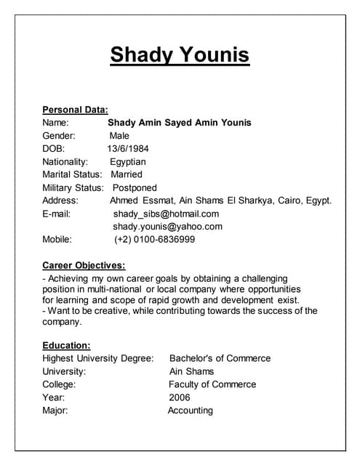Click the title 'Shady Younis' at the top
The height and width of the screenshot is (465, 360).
[x=180, y=54]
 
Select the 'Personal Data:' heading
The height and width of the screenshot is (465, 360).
[x=75, y=110]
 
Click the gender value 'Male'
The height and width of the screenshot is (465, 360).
[x=119, y=136]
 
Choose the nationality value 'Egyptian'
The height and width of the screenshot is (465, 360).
[x=128, y=162]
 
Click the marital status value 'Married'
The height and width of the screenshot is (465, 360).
[x=127, y=174]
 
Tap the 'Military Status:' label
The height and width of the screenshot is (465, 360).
[x=73, y=187]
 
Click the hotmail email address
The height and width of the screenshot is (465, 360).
[x=166, y=214]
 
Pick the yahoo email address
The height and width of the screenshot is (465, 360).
[x=167, y=226]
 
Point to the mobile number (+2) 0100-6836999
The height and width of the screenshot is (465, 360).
[x=154, y=239]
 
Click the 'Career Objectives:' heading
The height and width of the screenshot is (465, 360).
[x=84, y=265]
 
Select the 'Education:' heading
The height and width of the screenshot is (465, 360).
[x=66, y=345]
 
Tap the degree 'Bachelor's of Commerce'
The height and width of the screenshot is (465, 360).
[x=220, y=358]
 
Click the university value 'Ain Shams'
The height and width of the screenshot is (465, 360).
[x=192, y=371]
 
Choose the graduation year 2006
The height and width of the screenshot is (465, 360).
[x=179, y=397]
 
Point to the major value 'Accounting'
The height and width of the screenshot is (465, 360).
[x=190, y=411]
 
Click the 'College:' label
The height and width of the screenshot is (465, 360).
[x=59, y=384]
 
